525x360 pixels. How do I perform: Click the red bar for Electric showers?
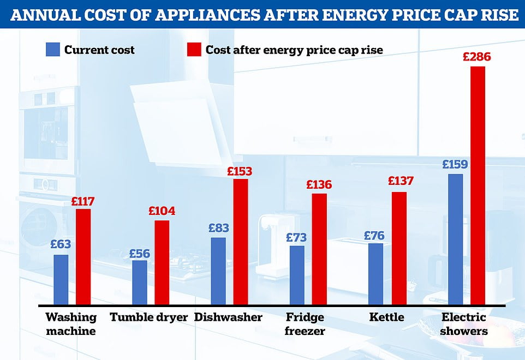pos(478,185)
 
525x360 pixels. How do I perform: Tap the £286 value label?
pos(477,57)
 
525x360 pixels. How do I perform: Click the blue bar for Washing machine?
pos(61,279)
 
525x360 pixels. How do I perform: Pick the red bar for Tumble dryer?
pos(162,262)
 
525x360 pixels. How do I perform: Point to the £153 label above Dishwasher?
pos(240,171)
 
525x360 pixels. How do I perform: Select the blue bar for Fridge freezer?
pos(297,275)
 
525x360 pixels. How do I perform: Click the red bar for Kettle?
pos(399,248)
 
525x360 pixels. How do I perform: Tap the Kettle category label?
pos(387,317)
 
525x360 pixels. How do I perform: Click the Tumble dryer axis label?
pos(148,317)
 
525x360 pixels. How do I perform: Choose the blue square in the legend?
pos(52,50)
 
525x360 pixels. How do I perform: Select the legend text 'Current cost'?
pos(99,50)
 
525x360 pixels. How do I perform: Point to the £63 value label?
pos(61,245)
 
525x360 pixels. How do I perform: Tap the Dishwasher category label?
pos(228,317)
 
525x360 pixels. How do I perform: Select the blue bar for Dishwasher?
pos(218,271)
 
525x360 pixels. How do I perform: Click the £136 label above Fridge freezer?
pos(319,184)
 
